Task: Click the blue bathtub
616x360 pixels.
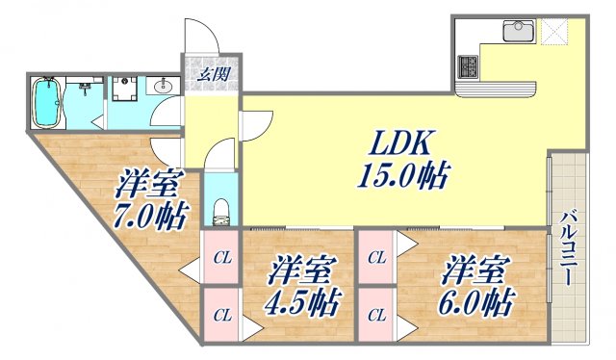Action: click(x=47, y=102)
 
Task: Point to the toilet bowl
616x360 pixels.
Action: click(x=219, y=210)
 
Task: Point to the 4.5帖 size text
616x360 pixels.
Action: click(x=300, y=304)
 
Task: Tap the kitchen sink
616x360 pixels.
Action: click(x=518, y=32)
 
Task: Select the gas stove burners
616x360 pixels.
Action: click(x=470, y=66)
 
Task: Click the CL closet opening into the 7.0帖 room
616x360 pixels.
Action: click(x=222, y=257)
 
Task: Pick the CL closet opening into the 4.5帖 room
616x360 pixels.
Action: click(x=222, y=314)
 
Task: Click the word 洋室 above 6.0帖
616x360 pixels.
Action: click(x=472, y=269)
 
